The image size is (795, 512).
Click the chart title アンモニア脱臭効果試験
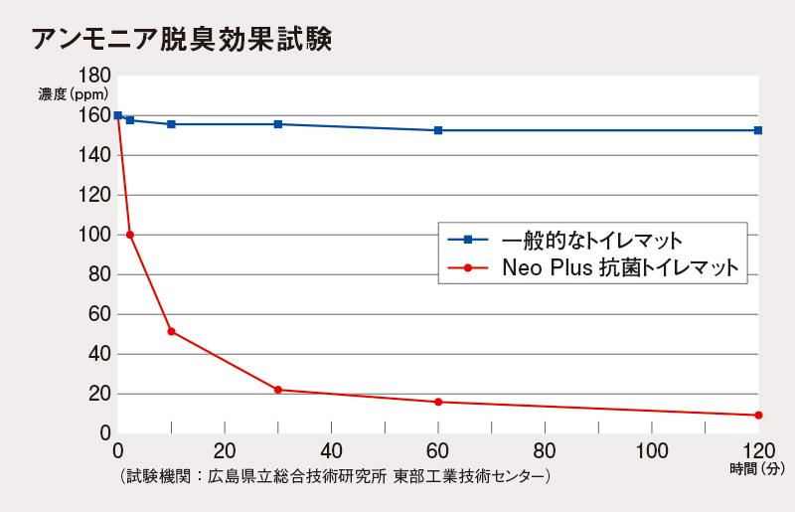coord(180,39)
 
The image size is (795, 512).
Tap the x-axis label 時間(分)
coord(758,468)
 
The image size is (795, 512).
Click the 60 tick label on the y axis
coord(98,314)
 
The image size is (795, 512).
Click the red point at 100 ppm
coord(130,235)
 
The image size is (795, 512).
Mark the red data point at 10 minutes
coord(171,331)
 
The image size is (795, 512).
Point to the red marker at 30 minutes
coord(278,390)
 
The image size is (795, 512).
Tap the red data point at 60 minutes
coord(438,402)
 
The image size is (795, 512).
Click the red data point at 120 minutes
coord(758,415)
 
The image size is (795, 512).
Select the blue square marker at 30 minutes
coord(278,124)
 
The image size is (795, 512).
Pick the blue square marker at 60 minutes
coord(438,130)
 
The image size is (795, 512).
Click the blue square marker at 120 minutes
coord(758,130)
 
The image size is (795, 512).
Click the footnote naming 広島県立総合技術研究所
coord(334,476)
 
